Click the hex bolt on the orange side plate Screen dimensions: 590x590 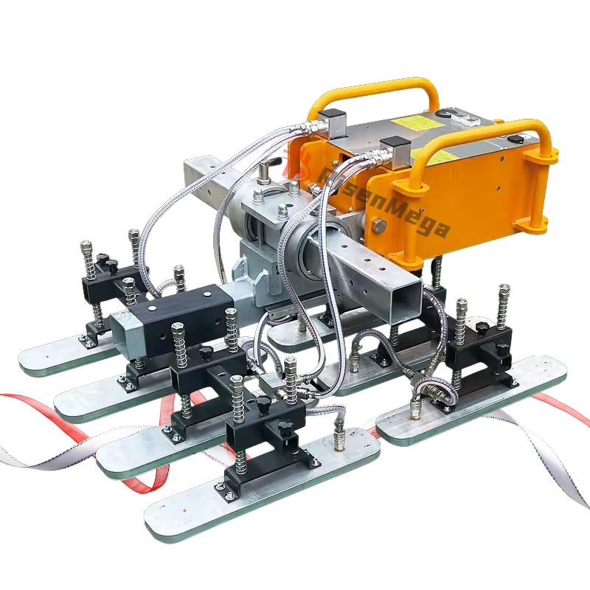(379, 226)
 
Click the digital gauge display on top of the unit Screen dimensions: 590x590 (461, 118)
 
